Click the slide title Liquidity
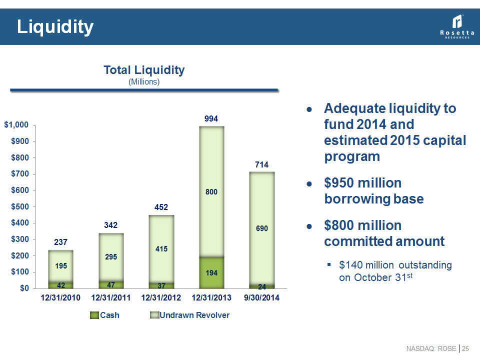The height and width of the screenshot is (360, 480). pos(55,27)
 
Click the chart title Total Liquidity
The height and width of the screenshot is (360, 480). pos(144,70)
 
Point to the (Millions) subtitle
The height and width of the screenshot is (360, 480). pos(144,82)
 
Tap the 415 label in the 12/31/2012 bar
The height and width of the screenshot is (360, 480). pos(161,248)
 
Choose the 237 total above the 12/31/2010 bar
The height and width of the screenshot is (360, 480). pos(61,242)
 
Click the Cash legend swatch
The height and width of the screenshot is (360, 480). pos(94,315)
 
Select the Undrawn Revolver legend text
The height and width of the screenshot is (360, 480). pos(194,315)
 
